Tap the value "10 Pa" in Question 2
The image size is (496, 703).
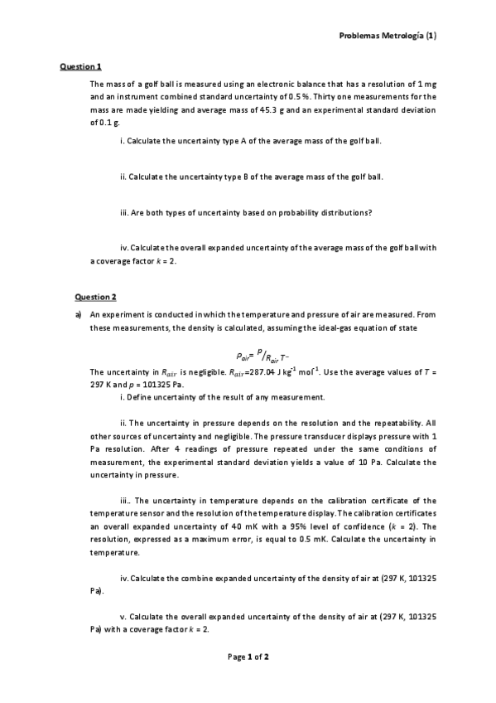click(x=399, y=462)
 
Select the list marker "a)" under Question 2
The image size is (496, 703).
click(x=79, y=315)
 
